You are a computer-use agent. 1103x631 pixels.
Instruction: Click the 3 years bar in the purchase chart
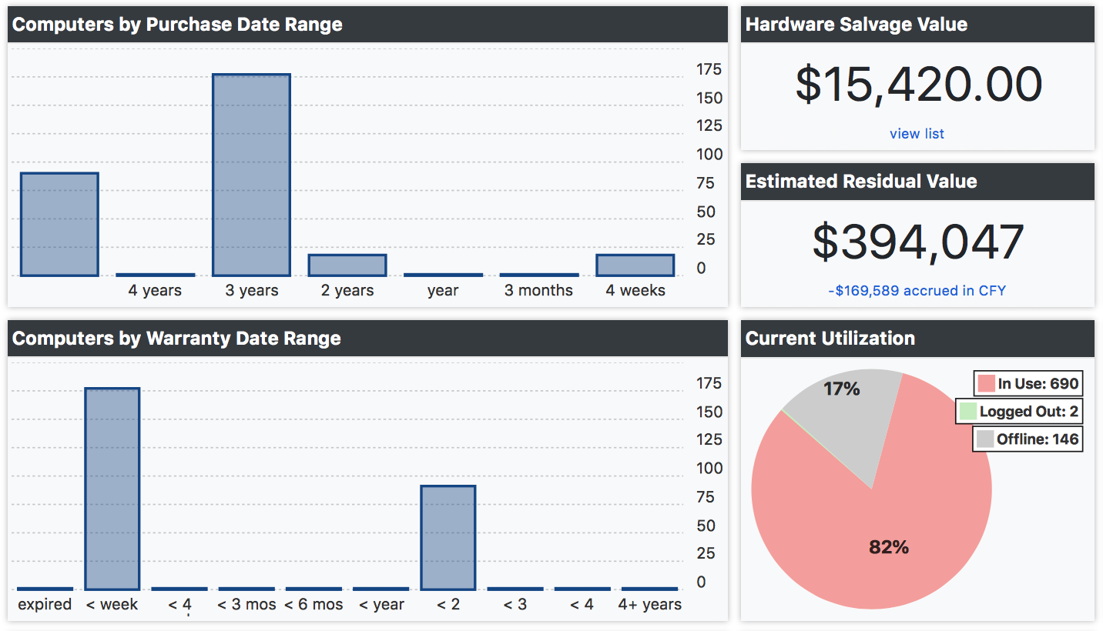click(x=251, y=175)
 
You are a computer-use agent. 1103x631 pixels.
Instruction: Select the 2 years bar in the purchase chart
click(x=347, y=265)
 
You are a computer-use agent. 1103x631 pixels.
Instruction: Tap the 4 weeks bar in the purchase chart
click(x=635, y=265)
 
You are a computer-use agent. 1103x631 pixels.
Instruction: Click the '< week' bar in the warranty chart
click(x=112, y=489)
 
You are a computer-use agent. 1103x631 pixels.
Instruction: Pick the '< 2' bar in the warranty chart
click(x=448, y=537)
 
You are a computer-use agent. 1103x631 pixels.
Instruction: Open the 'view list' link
click(x=917, y=134)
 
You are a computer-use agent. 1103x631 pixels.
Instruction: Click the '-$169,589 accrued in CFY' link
click(x=917, y=291)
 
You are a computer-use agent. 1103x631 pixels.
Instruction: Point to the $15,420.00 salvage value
click(x=918, y=85)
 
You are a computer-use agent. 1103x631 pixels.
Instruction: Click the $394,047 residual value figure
click(x=918, y=242)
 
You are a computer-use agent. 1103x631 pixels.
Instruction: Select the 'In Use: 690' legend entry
click(x=1028, y=383)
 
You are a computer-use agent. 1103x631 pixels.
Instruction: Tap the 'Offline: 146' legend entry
click(x=1028, y=439)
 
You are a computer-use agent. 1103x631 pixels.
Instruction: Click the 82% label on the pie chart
click(x=889, y=547)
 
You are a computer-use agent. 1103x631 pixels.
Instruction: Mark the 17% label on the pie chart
click(x=841, y=389)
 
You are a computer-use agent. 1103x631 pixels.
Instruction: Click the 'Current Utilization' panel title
click(x=830, y=339)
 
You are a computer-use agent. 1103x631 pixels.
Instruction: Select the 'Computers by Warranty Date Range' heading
click(x=176, y=339)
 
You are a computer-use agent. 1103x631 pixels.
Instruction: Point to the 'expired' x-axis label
click(x=45, y=605)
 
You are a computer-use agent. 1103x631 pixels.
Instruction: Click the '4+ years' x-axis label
click(x=649, y=605)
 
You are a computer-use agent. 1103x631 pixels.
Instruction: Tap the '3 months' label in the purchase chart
click(x=538, y=291)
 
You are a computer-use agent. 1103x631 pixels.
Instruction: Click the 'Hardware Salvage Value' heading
click(x=857, y=25)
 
